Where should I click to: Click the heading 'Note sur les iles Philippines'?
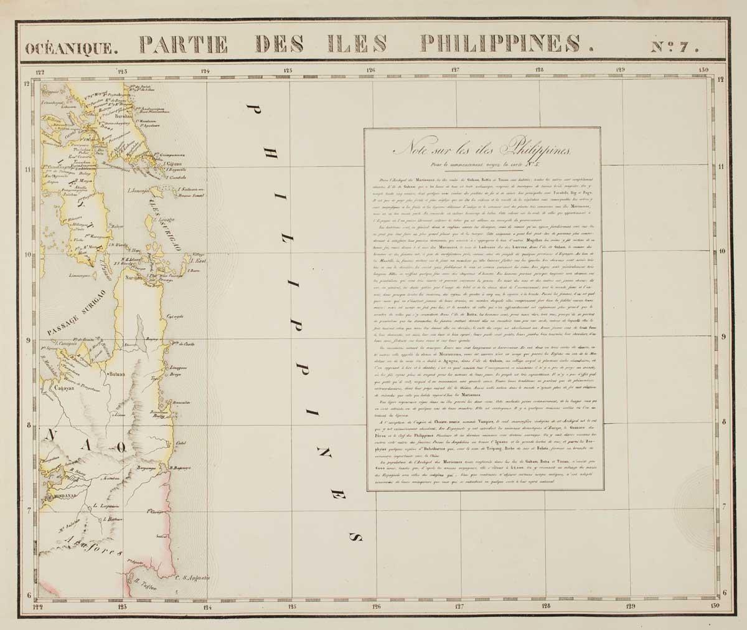tap(482, 150)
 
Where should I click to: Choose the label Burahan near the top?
tap(125, 116)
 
